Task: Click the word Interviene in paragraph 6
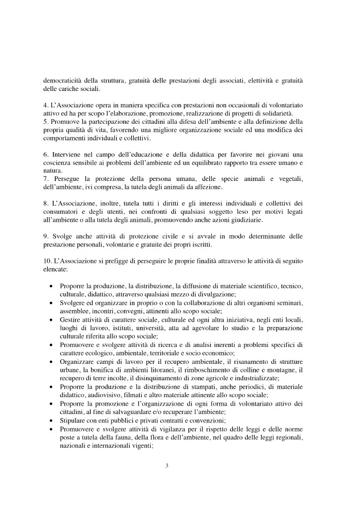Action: pos(68,158)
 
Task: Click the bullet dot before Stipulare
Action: pos(52,420)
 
